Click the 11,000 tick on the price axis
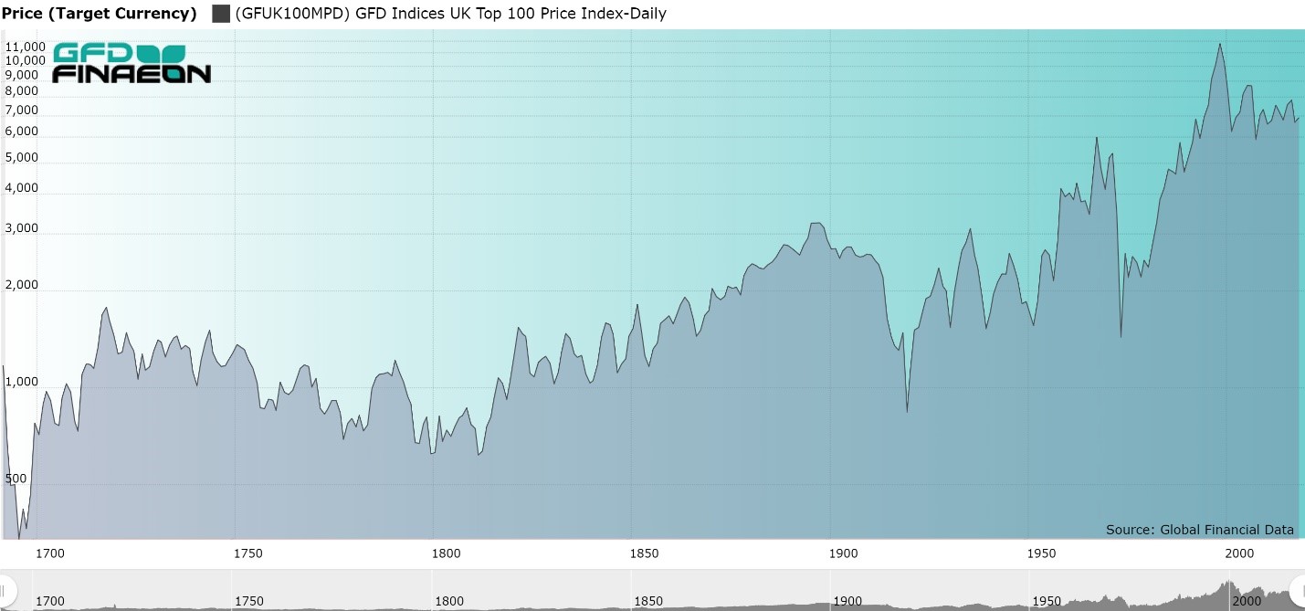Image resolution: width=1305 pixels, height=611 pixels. [x=25, y=47]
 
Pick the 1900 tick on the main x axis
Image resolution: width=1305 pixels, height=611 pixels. [x=843, y=553]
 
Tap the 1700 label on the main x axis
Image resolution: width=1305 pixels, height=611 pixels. [x=49, y=553]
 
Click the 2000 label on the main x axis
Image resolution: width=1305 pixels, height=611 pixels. [x=1239, y=553]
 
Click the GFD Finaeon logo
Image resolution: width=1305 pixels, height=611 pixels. [x=132, y=63]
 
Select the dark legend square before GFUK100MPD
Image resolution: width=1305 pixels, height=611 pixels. [x=220, y=14]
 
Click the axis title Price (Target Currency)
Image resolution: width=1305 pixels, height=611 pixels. [x=100, y=14]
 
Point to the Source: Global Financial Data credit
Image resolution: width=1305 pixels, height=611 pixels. [x=1199, y=530]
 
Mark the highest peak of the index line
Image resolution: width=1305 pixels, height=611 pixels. [x=1220, y=44]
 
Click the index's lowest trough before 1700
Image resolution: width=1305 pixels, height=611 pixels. [x=19, y=538]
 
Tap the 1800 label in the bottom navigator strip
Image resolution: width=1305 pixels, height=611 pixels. [x=449, y=601]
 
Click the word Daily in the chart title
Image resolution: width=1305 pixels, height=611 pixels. [x=645, y=14]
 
